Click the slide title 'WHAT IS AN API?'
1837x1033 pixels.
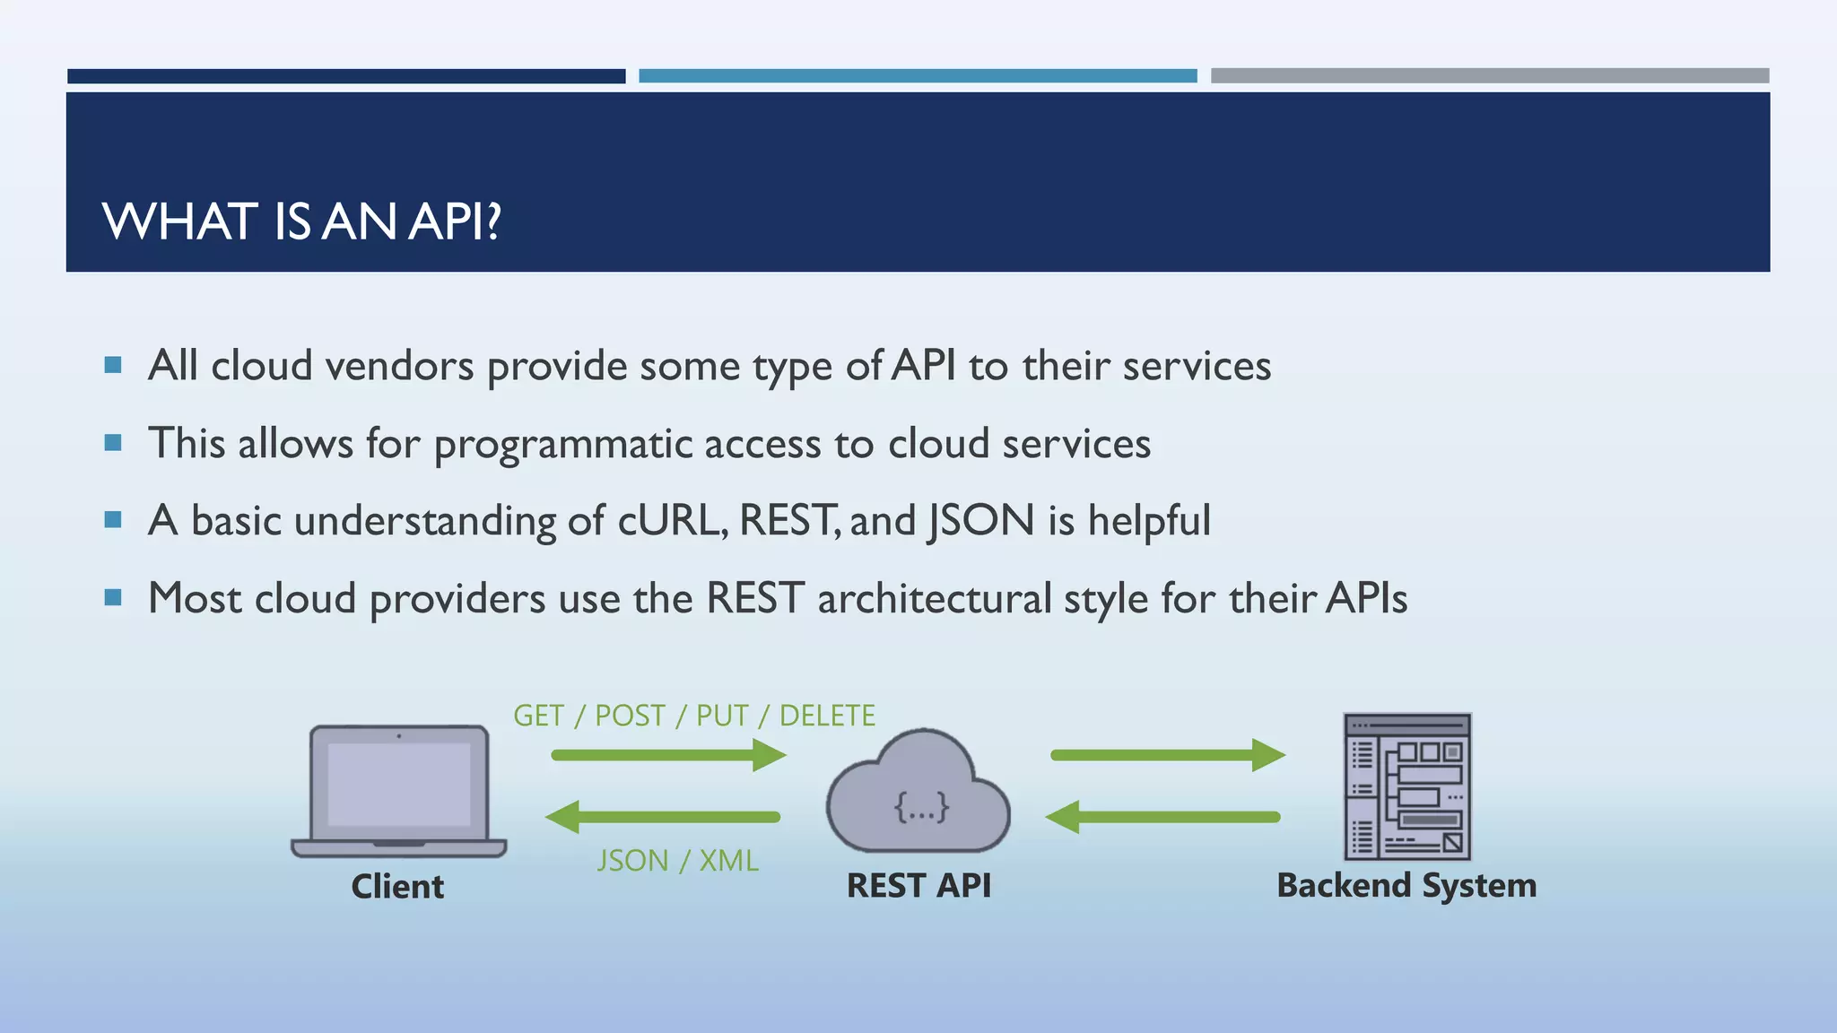coord(301,221)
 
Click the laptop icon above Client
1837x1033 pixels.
coord(399,790)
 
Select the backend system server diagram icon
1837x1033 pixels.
coord(1406,786)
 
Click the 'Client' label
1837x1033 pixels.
coord(397,886)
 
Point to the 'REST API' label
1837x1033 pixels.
coord(918,885)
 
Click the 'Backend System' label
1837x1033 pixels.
coord(1406,885)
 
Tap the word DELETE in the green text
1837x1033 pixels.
coord(827,716)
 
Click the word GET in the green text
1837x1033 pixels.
coord(538,716)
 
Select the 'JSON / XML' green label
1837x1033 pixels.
coord(677,861)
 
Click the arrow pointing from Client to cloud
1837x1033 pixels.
coord(668,755)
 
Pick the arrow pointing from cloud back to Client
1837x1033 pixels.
coord(664,817)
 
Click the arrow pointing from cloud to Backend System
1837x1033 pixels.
coord(1167,755)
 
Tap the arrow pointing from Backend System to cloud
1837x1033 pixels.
coord(1163,817)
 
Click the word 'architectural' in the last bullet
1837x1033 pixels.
coord(934,598)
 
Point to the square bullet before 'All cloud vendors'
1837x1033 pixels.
coord(113,365)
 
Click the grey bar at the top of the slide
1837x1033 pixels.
coord(1489,76)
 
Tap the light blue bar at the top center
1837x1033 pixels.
coord(918,76)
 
